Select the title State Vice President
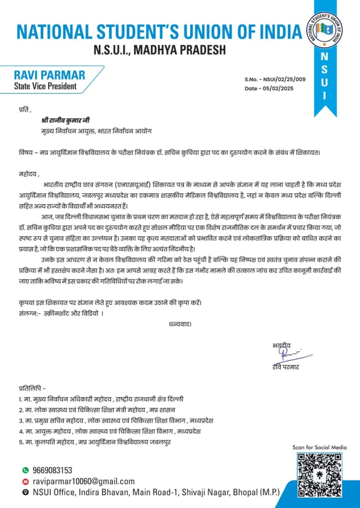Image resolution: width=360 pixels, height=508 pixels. [45, 86]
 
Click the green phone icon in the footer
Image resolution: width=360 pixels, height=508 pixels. [25, 470]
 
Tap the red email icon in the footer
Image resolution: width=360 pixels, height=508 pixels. [25, 482]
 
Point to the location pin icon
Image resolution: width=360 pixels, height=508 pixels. [25, 493]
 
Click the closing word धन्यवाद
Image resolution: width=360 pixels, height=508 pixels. [179, 323]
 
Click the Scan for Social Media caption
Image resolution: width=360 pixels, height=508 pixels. [320, 447]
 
